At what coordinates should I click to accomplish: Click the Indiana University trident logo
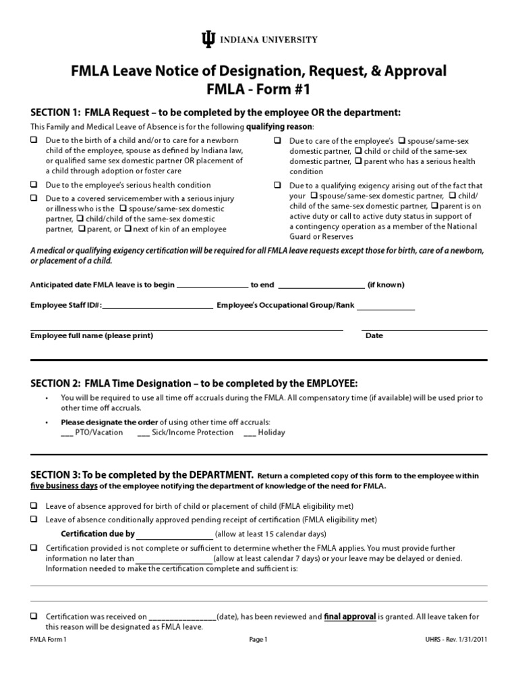[x=207, y=40]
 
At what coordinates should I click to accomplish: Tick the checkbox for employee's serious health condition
[x=34, y=185]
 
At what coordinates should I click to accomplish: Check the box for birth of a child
[x=34, y=140]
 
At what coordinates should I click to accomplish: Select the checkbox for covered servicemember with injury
[x=34, y=198]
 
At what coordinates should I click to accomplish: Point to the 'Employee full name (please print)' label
[x=92, y=335]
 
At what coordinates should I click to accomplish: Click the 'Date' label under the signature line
[x=374, y=335]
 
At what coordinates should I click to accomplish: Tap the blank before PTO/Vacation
[x=67, y=433]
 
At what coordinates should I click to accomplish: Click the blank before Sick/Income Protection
[x=143, y=433]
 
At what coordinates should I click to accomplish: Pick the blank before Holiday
[x=249, y=433]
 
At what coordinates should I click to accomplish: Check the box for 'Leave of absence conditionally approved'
[x=34, y=520]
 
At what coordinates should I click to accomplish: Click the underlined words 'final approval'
[x=349, y=616]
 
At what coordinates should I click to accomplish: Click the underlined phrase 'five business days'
[x=64, y=486]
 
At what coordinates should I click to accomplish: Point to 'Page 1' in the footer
[x=259, y=641]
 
